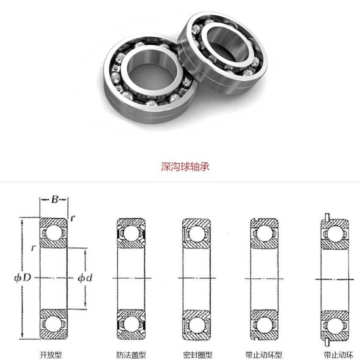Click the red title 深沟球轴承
(185, 167)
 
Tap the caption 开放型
(50, 355)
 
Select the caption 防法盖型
(131, 355)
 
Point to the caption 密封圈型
(198, 355)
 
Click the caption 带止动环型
(264, 355)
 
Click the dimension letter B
(55, 200)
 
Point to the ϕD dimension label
(22, 278)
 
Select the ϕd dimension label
(85, 278)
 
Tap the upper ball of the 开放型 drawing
(54, 233)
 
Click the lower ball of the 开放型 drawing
(54, 324)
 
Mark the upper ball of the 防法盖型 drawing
(131, 233)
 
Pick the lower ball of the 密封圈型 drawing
(196, 325)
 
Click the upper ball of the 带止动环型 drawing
(264, 233)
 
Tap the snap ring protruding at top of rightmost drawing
(327, 217)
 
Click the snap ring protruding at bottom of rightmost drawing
(327, 343)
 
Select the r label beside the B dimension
(73, 218)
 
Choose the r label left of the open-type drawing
(33, 248)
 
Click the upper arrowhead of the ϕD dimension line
(22, 220)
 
